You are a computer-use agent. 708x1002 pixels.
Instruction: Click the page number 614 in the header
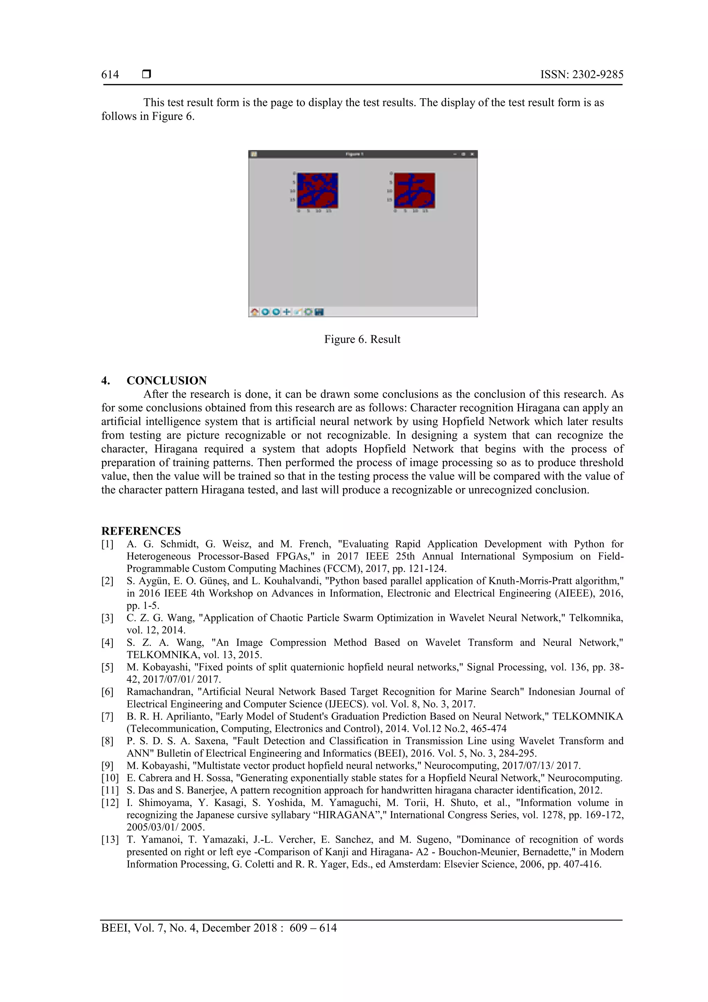coord(110,75)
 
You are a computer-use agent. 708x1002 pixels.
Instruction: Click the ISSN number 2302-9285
coord(597,75)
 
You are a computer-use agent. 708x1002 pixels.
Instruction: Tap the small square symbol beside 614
coord(147,74)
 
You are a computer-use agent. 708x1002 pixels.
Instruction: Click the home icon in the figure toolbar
coord(254,312)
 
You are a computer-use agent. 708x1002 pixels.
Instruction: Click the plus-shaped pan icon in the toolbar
coord(287,312)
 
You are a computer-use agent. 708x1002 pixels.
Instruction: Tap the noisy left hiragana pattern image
coord(318,190)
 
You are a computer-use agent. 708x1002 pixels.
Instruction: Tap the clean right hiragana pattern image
coord(414,190)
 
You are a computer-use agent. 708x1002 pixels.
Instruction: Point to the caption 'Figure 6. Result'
coord(362,339)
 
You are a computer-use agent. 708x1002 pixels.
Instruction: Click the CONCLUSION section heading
coord(167,380)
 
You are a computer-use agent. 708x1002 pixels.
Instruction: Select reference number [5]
coord(107,667)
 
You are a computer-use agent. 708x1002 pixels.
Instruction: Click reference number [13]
coord(110,839)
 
